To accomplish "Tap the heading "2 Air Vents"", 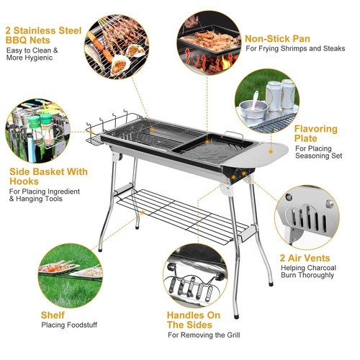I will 306,258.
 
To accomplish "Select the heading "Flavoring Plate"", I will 315,135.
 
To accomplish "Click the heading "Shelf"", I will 51,315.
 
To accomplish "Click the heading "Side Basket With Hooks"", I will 48,177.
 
